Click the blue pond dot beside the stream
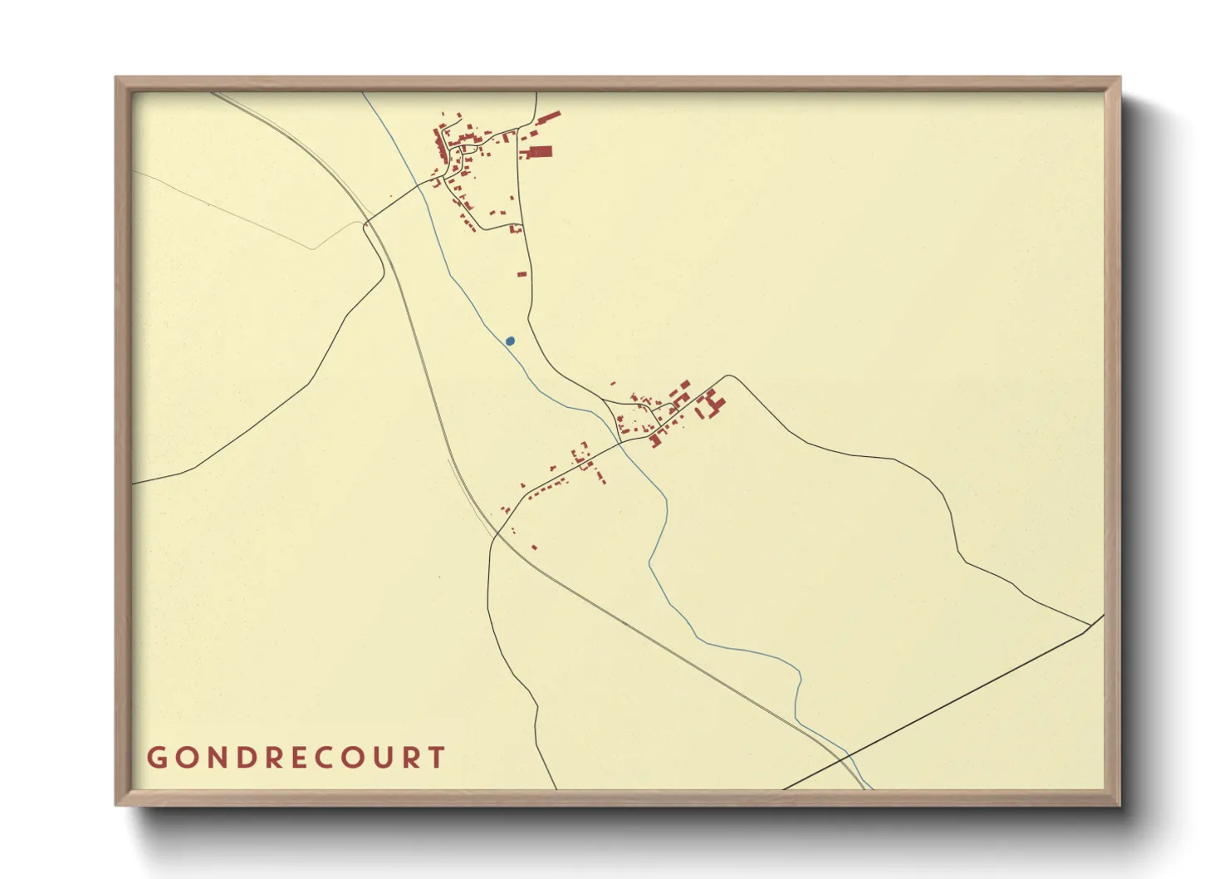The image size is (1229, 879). (510, 341)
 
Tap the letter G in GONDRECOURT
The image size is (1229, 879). (156, 758)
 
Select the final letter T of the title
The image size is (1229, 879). (437, 758)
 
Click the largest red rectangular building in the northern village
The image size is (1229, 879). (540, 151)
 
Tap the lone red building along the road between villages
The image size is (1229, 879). (521, 273)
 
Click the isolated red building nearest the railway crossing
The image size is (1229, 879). (533, 547)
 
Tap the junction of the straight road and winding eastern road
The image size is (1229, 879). (1089, 625)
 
